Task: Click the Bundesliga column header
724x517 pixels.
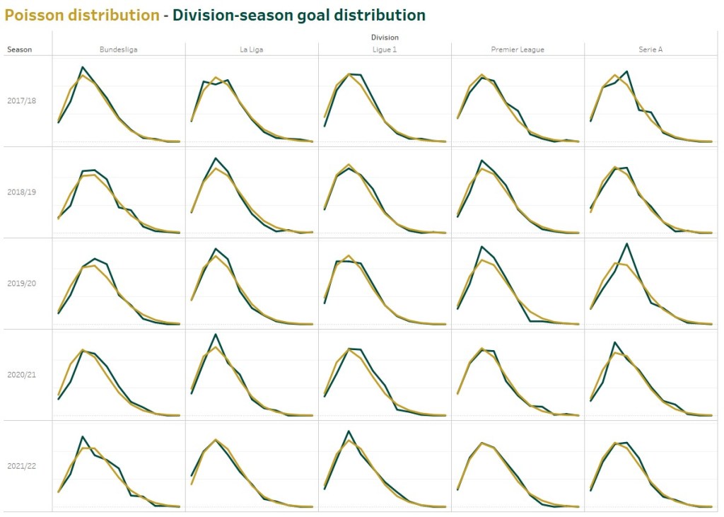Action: pyautogui.click(x=118, y=49)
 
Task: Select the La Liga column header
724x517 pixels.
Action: pyautogui.click(x=252, y=49)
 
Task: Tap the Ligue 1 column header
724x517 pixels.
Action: pyautogui.click(x=385, y=49)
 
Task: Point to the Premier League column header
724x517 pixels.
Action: pyautogui.click(x=518, y=49)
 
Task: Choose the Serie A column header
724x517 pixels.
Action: pyautogui.click(x=650, y=49)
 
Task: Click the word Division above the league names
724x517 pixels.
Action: pyautogui.click(x=384, y=37)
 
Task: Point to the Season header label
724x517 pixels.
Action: pyautogui.click(x=19, y=50)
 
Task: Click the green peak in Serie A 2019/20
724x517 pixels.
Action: pyautogui.click(x=626, y=243)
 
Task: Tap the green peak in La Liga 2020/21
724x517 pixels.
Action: pyautogui.click(x=215, y=334)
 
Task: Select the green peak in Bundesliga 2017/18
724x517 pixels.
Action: pyautogui.click(x=83, y=67)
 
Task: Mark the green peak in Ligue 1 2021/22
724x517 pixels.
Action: pyautogui.click(x=349, y=431)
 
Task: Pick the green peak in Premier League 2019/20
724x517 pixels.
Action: pyautogui.click(x=481, y=247)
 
